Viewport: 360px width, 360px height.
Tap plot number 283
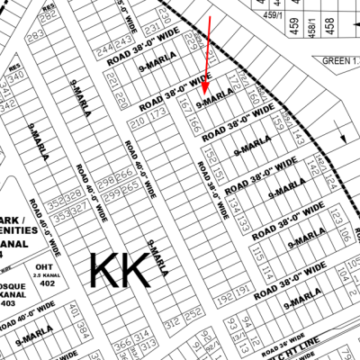click(36, 37)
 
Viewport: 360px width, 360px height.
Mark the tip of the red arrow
click(204, 95)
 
